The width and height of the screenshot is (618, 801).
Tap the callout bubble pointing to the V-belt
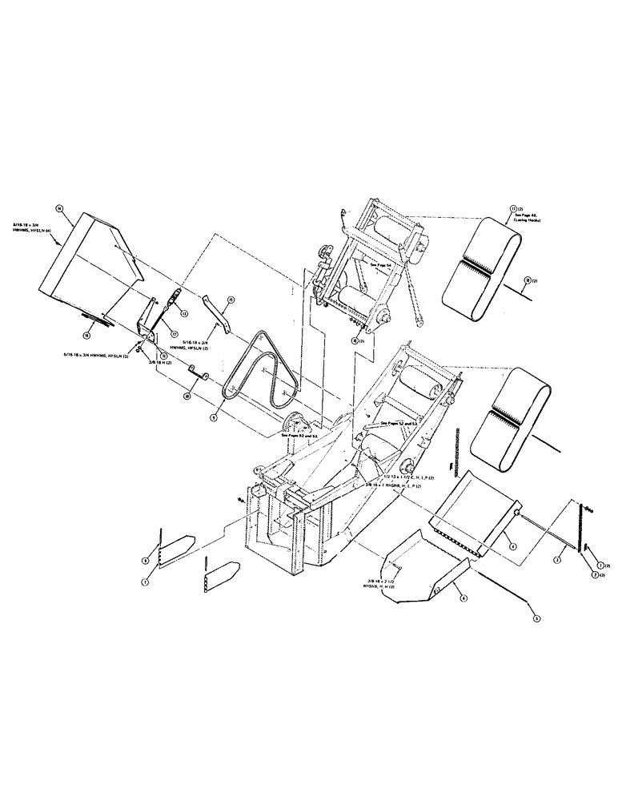point(215,417)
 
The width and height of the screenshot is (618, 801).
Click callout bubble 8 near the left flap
point(145,560)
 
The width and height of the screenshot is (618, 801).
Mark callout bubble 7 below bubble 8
point(146,583)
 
